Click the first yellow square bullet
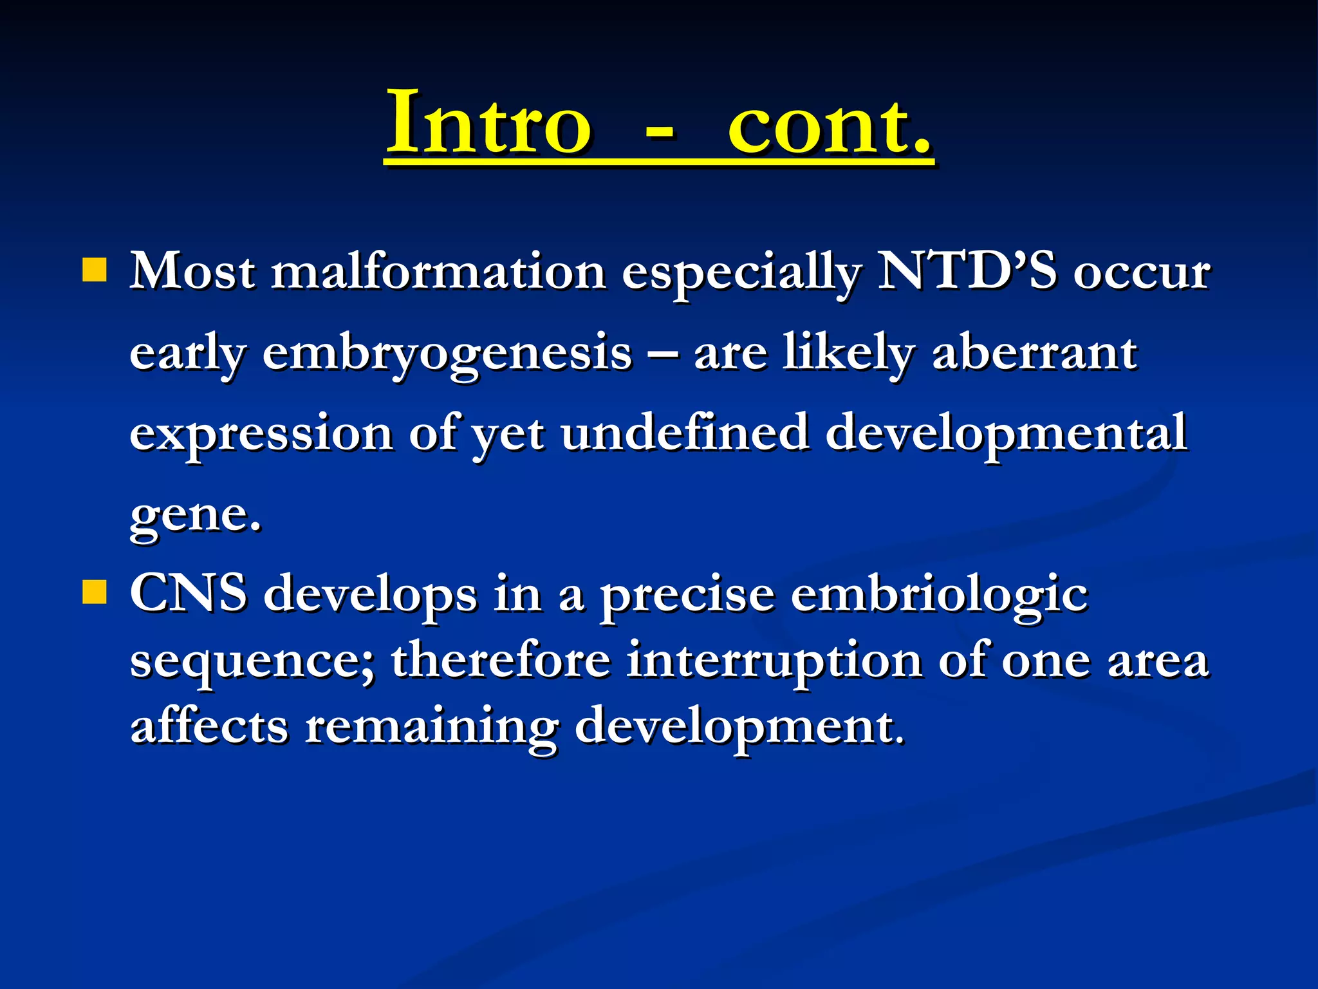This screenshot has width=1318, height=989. tap(95, 270)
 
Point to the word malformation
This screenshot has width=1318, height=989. tap(438, 272)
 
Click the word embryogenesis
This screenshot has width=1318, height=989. tap(447, 355)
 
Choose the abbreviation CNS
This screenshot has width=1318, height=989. tap(188, 592)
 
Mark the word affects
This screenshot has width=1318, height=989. tap(209, 726)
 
